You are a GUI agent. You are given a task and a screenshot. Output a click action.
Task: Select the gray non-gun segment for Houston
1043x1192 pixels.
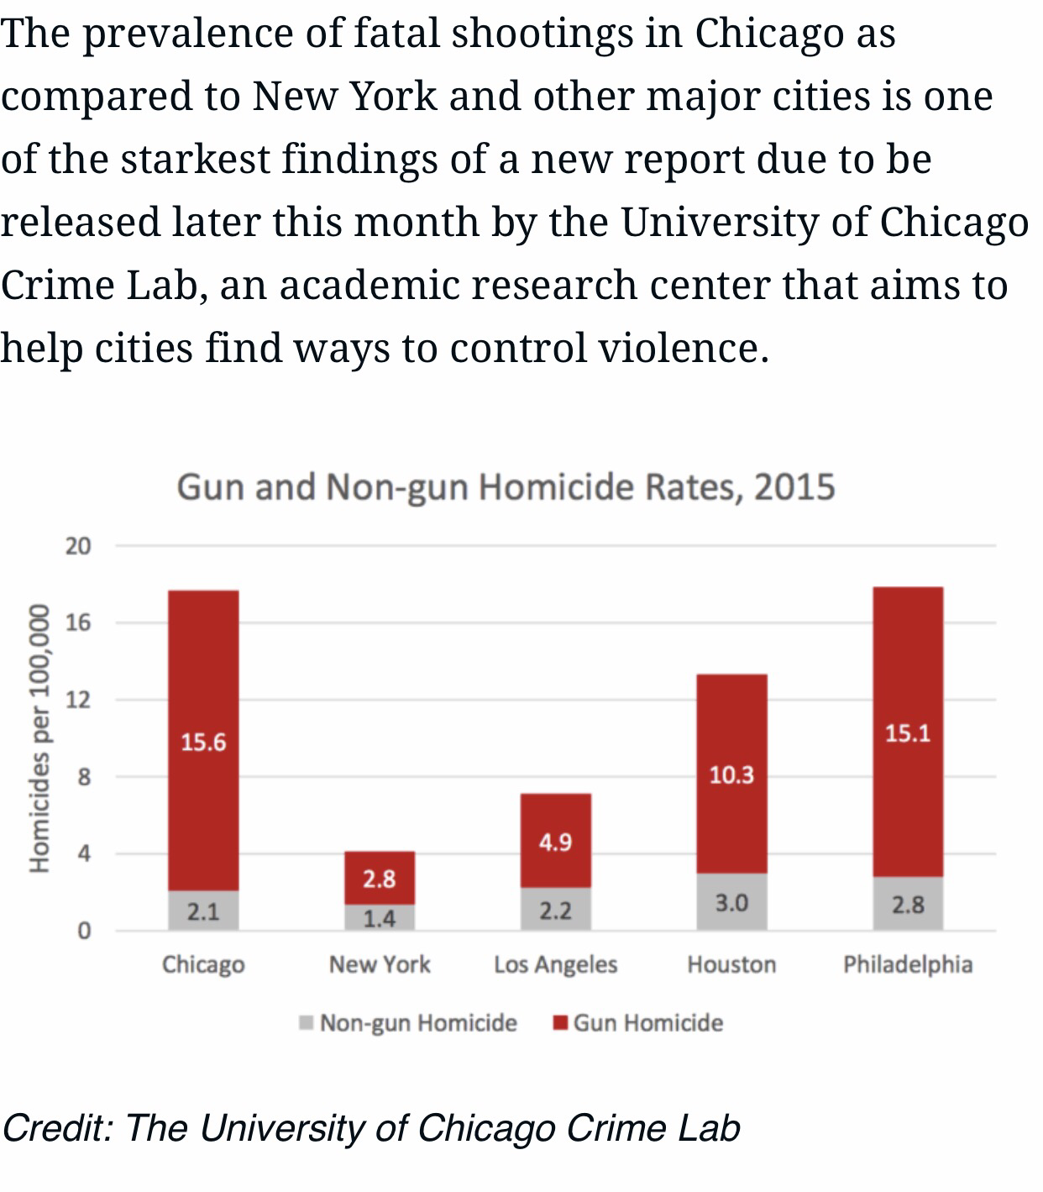click(x=731, y=902)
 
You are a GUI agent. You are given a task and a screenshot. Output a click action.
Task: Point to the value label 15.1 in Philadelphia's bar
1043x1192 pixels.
click(x=908, y=733)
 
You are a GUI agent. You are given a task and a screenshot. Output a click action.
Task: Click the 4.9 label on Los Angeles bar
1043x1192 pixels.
click(x=556, y=842)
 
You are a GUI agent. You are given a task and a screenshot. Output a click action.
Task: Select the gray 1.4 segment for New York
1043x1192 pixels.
click(x=380, y=918)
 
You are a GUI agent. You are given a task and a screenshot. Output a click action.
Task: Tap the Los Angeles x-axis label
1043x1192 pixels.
click(x=556, y=964)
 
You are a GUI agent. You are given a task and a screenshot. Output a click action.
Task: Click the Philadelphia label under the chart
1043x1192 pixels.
click(x=908, y=964)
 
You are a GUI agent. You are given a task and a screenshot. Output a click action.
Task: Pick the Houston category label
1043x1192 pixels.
click(x=731, y=964)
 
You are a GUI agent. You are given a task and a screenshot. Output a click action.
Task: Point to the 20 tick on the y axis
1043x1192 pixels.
click(x=77, y=546)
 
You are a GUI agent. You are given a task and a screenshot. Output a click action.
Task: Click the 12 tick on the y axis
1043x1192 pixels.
click(x=77, y=700)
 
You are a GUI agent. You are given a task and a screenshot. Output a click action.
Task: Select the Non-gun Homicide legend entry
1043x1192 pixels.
click(x=417, y=1023)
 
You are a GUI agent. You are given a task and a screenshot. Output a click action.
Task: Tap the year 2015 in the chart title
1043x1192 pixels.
click(x=794, y=487)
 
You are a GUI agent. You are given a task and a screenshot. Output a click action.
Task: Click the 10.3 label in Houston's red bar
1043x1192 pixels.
click(x=731, y=775)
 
